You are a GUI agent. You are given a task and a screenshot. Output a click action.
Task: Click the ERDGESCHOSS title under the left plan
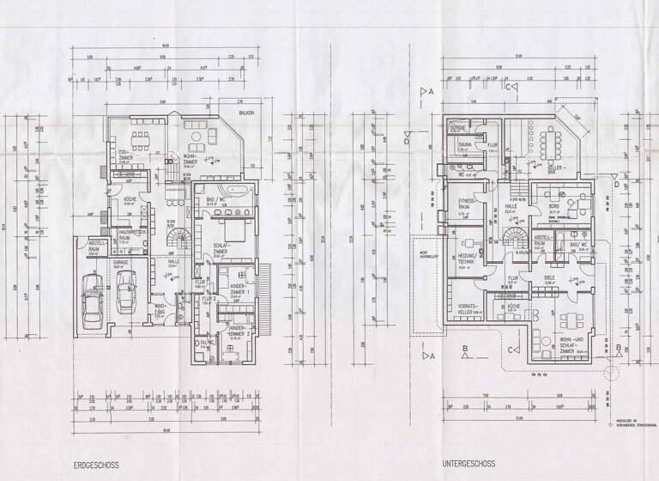tap(96, 465)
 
